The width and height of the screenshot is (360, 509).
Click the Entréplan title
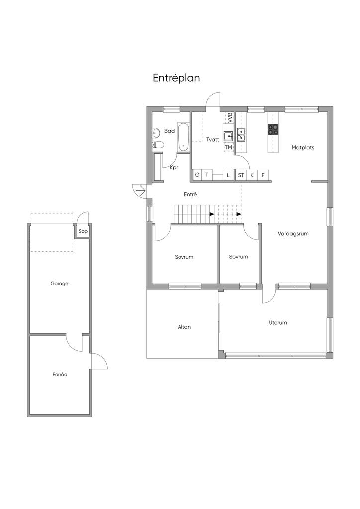[176, 78]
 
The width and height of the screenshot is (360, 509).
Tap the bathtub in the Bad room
[183, 137]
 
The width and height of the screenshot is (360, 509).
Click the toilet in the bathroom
[158, 145]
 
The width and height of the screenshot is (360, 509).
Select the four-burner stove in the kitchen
[273, 130]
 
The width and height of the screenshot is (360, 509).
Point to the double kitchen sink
[241, 135]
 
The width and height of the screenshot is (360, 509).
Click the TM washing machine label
[229, 147]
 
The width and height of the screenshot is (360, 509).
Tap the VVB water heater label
[230, 117]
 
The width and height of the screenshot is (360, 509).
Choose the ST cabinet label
[241, 175]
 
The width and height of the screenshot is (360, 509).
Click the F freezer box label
[263, 175]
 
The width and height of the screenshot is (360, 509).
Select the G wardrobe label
[197, 175]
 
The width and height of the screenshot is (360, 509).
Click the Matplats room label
[303, 147]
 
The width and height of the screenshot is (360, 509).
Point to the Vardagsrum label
[293, 234]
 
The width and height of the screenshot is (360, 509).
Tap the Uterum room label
[278, 323]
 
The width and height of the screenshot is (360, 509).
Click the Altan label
[184, 327]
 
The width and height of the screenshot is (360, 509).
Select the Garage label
[59, 284]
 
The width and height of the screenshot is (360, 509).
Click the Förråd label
[60, 375]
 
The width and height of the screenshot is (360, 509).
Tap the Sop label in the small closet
[83, 232]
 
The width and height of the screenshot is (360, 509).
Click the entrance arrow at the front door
[141, 190]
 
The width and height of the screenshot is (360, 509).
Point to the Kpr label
[174, 168]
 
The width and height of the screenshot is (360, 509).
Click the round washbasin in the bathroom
[156, 132]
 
